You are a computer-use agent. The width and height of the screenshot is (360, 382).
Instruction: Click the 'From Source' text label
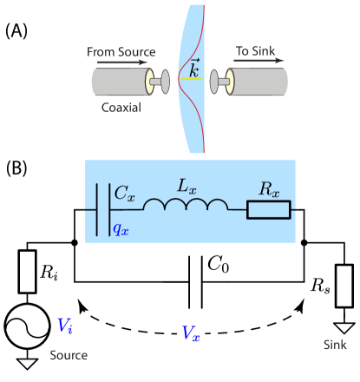(121, 52)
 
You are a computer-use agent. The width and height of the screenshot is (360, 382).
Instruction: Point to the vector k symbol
(194, 69)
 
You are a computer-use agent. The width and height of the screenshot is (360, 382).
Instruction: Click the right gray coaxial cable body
(261, 82)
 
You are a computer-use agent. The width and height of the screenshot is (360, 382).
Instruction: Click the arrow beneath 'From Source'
(122, 63)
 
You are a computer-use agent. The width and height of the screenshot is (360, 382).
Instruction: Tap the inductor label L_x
(186, 185)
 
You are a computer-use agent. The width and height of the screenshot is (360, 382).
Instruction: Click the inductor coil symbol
(186, 206)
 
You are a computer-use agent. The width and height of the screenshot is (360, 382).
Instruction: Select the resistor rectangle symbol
(268, 209)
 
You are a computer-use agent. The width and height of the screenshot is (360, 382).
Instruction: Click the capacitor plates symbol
(108, 209)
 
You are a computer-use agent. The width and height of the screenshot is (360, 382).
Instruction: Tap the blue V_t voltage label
(65, 326)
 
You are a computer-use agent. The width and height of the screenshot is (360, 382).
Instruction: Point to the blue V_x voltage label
(190, 333)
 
